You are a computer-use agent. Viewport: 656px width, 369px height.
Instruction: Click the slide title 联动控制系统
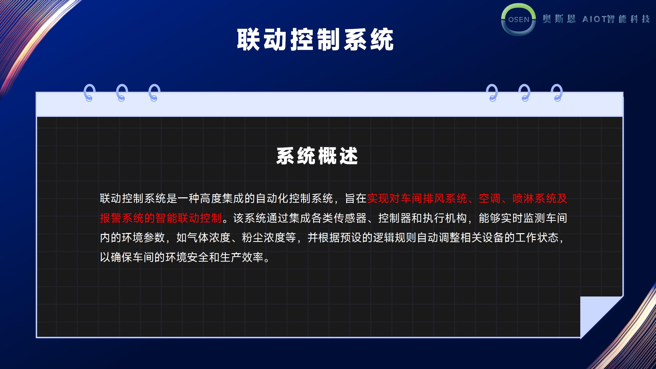click(x=315, y=39)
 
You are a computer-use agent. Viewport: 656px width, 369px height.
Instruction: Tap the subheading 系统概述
click(x=317, y=156)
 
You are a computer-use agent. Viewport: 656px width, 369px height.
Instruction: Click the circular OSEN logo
click(x=518, y=19)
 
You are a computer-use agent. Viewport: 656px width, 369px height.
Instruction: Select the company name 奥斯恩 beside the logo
click(x=559, y=19)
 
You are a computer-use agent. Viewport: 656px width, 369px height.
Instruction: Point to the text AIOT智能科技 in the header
click(x=616, y=19)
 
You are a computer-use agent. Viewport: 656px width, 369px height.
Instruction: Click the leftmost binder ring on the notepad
click(x=89, y=93)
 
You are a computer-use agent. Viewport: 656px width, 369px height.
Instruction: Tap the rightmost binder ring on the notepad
click(x=557, y=93)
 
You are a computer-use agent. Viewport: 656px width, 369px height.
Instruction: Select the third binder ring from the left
click(x=154, y=93)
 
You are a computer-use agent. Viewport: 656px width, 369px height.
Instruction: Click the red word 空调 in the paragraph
click(x=490, y=199)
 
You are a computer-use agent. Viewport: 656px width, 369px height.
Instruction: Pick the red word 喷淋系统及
click(x=540, y=199)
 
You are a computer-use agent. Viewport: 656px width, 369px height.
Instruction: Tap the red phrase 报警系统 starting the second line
click(x=122, y=218)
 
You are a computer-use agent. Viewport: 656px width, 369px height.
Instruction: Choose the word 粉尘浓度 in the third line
click(x=264, y=238)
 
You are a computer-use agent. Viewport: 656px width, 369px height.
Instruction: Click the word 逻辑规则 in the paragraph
click(x=395, y=238)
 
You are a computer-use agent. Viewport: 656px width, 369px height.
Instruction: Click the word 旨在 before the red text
click(x=356, y=199)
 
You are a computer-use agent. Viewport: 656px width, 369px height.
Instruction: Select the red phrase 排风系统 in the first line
click(x=445, y=199)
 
